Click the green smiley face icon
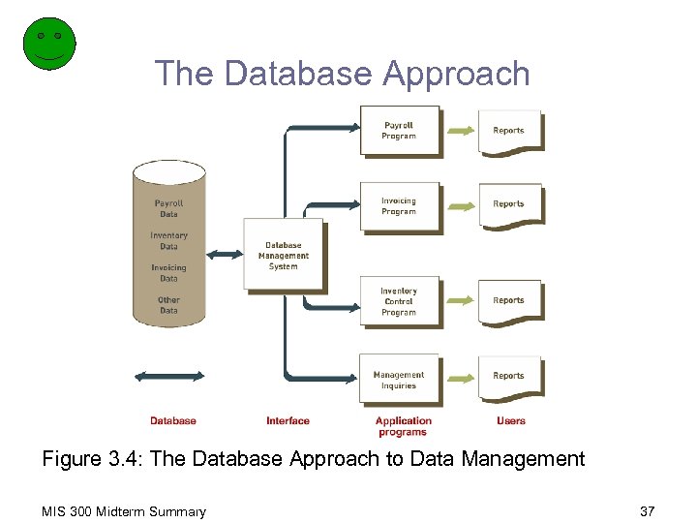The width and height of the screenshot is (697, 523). tap(48, 43)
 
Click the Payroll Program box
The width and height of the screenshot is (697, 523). tap(399, 131)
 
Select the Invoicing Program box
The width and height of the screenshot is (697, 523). tap(399, 206)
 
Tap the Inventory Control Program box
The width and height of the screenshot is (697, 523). tap(399, 301)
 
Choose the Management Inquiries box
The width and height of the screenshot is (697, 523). tap(399, 380)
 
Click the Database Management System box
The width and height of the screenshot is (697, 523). tap(283, 255)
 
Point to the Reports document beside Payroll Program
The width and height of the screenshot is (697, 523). tap(509, 132)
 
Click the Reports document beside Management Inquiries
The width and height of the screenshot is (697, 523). tap(509, 377)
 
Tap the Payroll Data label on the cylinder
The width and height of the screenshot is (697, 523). tap(168, 208)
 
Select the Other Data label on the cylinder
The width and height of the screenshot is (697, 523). tap(168, 305)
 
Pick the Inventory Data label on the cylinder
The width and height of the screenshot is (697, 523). tap(168, 241)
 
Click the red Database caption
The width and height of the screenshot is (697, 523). tap(173, 420)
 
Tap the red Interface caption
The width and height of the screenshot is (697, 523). tap(288, 420)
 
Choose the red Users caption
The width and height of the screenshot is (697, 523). tap(510, 420)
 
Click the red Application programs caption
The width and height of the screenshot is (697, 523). tap(403, 426)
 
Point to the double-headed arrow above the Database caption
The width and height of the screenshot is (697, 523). tap(169, 376)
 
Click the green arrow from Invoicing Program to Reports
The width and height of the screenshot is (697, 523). tap(460, 205)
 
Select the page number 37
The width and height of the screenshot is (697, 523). tap(648, 511)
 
